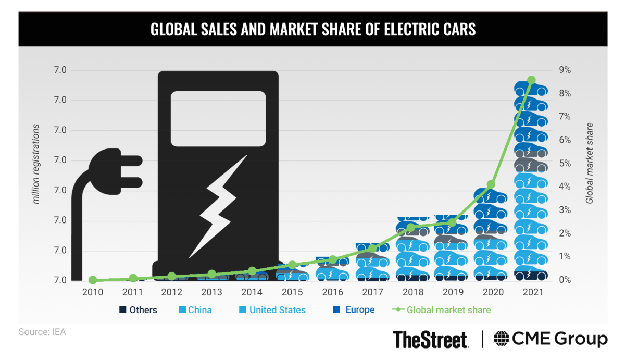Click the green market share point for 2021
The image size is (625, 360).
pos(531,80)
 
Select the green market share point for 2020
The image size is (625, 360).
pos(491,184)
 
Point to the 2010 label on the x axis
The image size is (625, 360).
pos(93,292)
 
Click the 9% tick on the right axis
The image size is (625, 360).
pos(565,70)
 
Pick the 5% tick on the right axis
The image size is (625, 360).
pos(565,164)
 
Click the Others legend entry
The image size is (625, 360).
pos(138,310)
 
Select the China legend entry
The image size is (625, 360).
pos(195,310)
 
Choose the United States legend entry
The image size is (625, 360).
pos(272,310)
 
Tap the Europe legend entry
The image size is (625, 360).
pos(354,310)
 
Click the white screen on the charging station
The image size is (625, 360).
pos(218,119)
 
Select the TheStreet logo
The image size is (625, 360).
pos(430,340)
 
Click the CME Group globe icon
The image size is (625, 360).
pos(503,339)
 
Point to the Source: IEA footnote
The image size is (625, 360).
pos(42,332)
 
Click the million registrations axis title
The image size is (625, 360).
pos(36,164)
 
